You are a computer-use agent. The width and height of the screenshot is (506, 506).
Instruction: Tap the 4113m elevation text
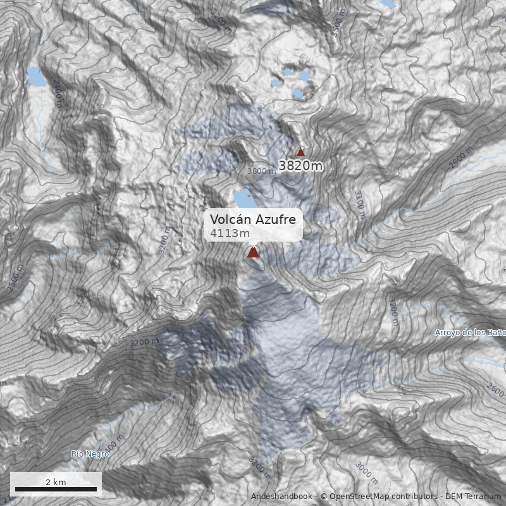point(230,233)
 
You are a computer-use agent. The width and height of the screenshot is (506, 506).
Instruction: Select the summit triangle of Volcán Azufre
point(253,252)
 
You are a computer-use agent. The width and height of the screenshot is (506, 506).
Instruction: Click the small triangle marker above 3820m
point(300,152)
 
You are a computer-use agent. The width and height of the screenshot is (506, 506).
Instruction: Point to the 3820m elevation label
point(301,166)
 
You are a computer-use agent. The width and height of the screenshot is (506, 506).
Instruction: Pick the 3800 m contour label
point(261,171)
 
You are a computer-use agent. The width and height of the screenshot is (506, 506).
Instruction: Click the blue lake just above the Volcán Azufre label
point(244,199)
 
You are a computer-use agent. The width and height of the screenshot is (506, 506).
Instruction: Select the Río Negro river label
point(86,454)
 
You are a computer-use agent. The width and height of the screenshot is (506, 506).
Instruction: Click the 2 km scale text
point(56,482)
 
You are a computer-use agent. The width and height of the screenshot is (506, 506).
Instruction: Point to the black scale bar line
point(56,489)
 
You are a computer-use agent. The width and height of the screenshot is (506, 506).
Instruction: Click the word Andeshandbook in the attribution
point(281,497)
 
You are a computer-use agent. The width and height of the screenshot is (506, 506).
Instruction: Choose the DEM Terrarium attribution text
point(472,497)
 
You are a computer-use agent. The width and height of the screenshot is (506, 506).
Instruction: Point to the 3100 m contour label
point(359,204)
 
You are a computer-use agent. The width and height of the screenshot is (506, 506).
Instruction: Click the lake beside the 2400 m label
point(36,75)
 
